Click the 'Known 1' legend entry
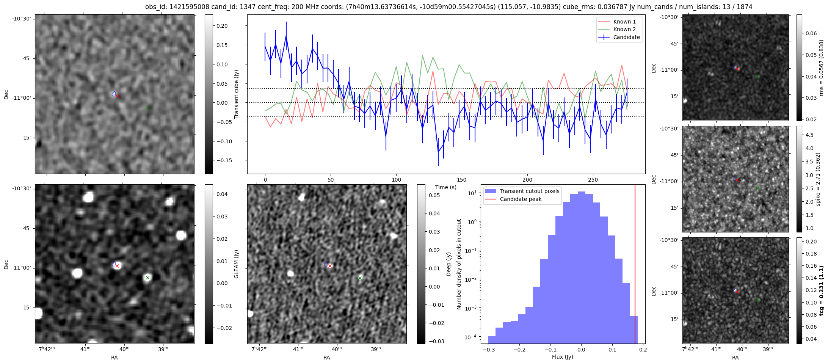pos(624,22)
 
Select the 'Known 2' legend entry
pos(624,29)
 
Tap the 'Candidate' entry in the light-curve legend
pos(626,37)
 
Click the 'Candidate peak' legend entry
pos(521,199)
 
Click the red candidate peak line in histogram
pos(635,265)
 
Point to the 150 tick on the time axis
pos(462,180)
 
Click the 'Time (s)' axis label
pos(446,187)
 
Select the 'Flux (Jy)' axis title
pos(563,357)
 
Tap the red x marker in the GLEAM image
pos(117,266)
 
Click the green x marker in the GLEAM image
pos(147,278)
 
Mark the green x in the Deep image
pos(360,278)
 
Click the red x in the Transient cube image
pos(117,96)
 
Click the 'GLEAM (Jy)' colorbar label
pos(237,264)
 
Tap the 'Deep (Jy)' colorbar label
pos(449,264)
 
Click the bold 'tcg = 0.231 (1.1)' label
pos(821,290)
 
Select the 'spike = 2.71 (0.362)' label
pos(818,179)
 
